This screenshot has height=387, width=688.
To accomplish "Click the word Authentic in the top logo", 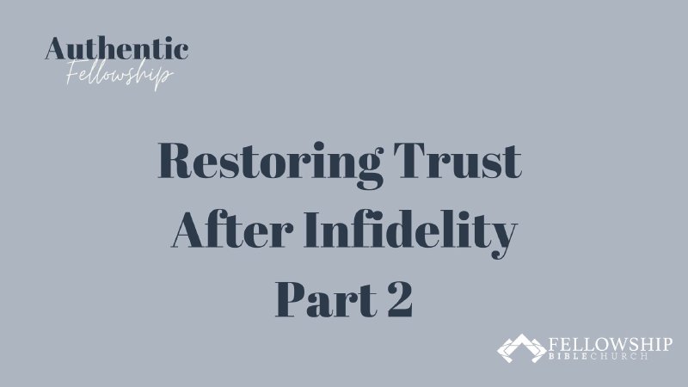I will pos(117,48).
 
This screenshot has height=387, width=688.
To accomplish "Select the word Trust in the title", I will pos(469,163).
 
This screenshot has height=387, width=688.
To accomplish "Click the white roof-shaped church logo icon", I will pos(520,347).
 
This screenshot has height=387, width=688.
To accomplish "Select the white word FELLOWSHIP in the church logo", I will pos(610,342).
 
